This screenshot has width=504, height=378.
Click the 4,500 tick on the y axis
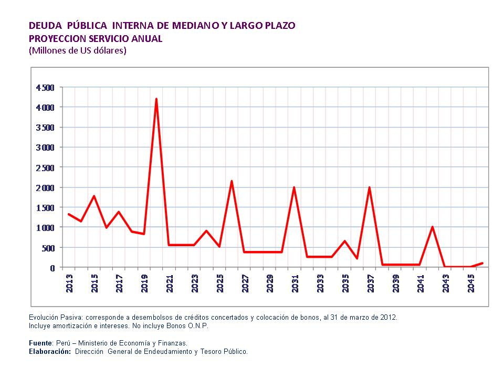pyautogui.click(x=45, y=87)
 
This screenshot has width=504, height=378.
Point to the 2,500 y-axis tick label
pyautogui.click(x=45, y=167)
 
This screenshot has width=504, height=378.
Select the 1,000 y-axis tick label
pyautogui.click(x=45, y=227)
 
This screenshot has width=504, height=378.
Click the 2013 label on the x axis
pyautogui.click(x=69, y=282)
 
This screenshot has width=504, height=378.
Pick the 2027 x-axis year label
pyautogui.click(x=245, y=282)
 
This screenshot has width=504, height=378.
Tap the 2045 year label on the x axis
pyautogui.click(x=471, y=282)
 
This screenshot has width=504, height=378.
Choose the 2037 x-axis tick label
pyautogui.click(x=371, y=282)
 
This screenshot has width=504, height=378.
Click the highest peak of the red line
pyautogui.click(x=156, y=99)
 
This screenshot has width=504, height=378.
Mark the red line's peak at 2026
pyautogui.click(x=232, y=181)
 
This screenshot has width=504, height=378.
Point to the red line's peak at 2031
pyautogui.click(x=294, y=187)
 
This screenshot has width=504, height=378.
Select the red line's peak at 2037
pyautogui.click(x=370, y=187)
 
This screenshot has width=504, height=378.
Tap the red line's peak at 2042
pyautogui.click(x=432, y=227)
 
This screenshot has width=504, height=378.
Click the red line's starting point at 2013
pyautogui.click(x=69, y=214)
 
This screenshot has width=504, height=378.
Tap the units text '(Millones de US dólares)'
pyautogui.click(x=78, y=51)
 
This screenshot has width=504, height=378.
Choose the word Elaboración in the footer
pyautogui.click(x=50, y=351)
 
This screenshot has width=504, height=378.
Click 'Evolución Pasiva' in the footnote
pyautogui.click(x=56, y=318)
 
